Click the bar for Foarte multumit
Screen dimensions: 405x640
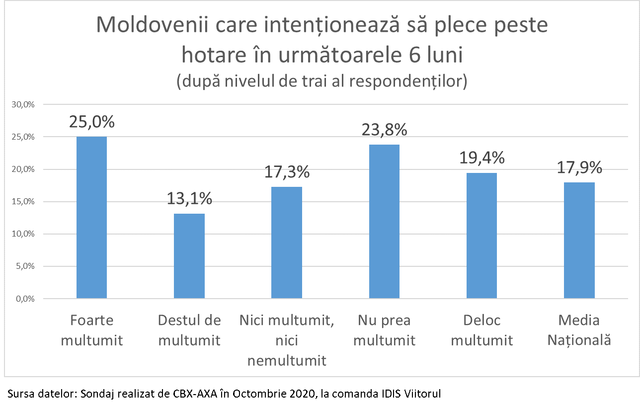(x=91, y=218)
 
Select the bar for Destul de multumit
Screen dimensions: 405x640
(x=189, y=256)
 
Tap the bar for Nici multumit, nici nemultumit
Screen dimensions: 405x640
(x=287, y=243)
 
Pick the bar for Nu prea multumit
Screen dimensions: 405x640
(x=384, y=222)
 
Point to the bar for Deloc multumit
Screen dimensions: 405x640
(x=481, y=236)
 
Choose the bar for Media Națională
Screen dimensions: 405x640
(x=579, y=241)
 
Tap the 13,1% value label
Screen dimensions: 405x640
(x=189, y=199)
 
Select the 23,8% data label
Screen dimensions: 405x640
(x=384, y=130)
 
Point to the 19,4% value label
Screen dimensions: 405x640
(x=481, y=158)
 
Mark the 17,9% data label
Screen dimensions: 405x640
(x=579, y=167)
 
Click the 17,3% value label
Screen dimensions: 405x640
(x=287, y=172)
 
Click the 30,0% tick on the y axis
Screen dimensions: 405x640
(x=23, y=105)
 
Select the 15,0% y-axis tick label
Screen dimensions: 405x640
(x=23, y=202)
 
